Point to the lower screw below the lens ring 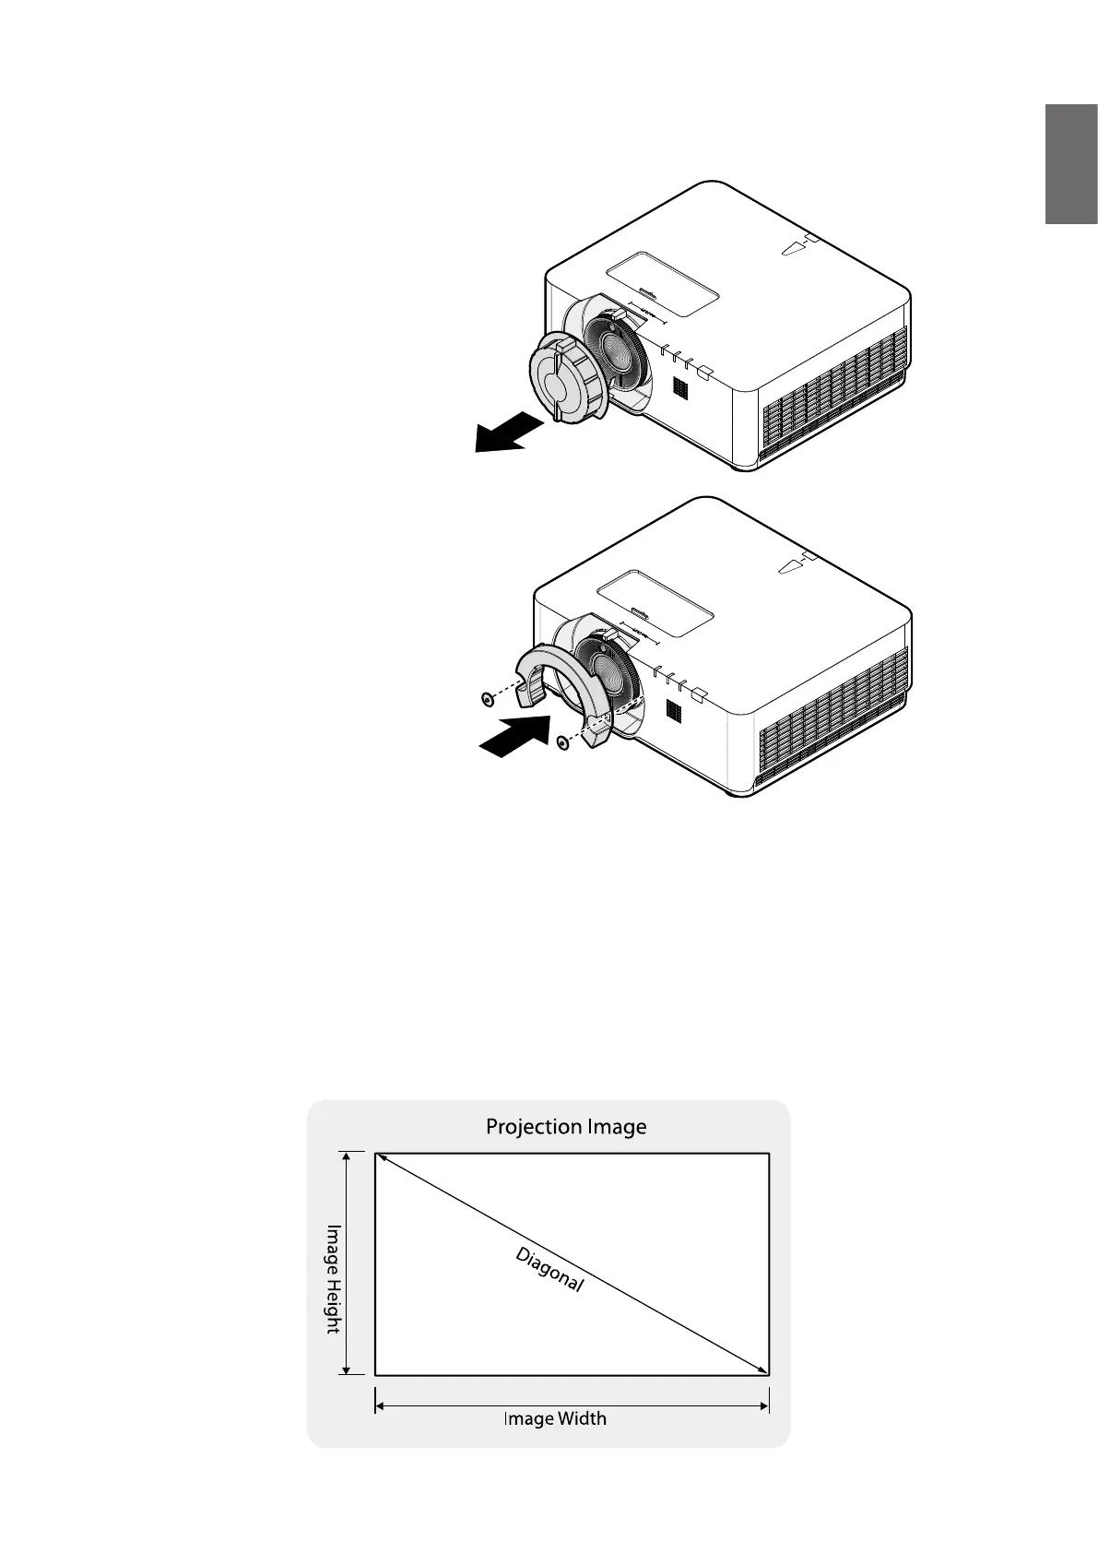(561, 741)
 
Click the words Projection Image (566, 1126)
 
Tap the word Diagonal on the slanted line (549, 1269)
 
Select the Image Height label (333, 1277)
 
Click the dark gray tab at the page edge (1070, 164)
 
